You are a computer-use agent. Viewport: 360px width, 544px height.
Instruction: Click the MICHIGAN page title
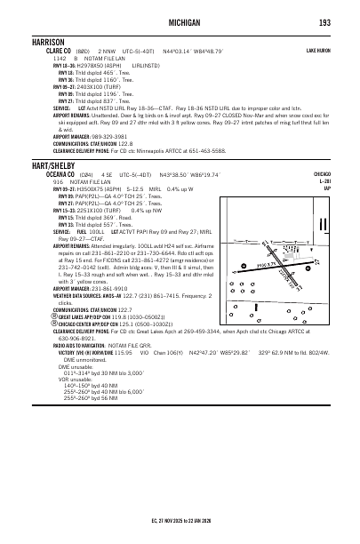point(180,21)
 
